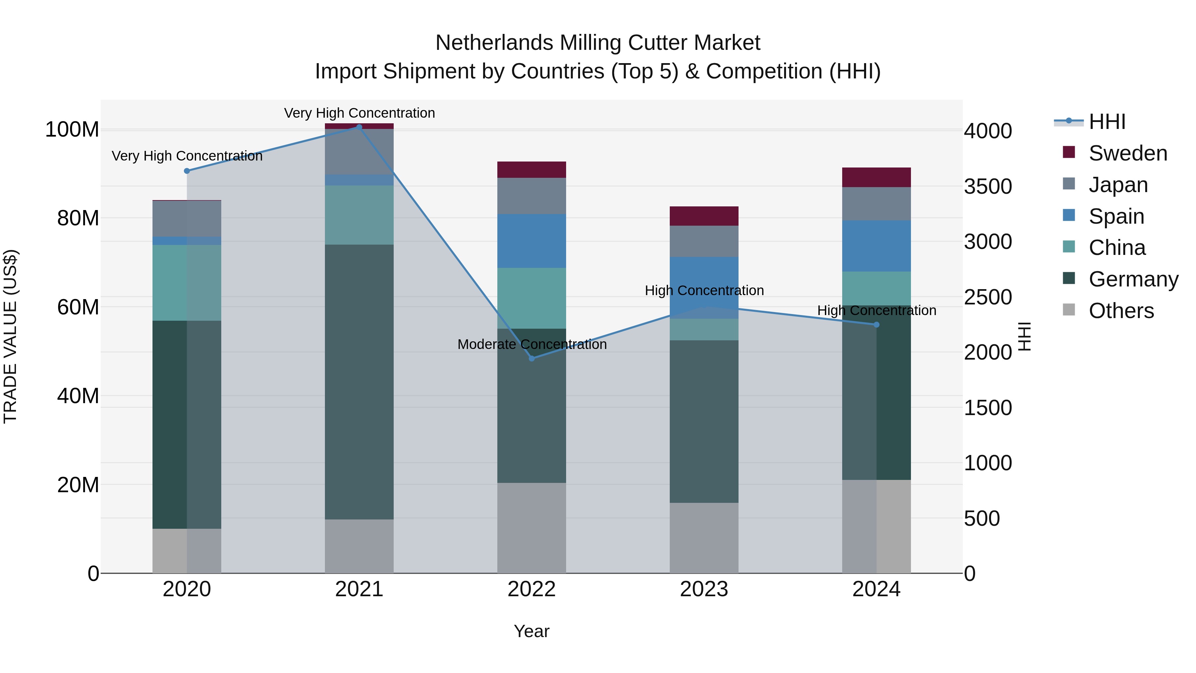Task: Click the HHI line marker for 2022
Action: (532, 358)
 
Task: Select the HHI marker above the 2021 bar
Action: (359, 127)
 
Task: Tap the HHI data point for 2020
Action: (187, 171)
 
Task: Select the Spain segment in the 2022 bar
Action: (532, 241)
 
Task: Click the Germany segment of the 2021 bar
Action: (359, 382)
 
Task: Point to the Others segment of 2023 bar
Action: (704, 538)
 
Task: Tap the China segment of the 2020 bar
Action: (187, 282)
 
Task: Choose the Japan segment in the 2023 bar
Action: (704, 241)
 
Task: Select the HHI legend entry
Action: (1107, 122)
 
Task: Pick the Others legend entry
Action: (1121, 311)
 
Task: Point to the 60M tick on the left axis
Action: (78, 307)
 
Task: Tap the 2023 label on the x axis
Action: (704, 589)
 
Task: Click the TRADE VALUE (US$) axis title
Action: (10, 336)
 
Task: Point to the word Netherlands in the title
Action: (494, 43)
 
